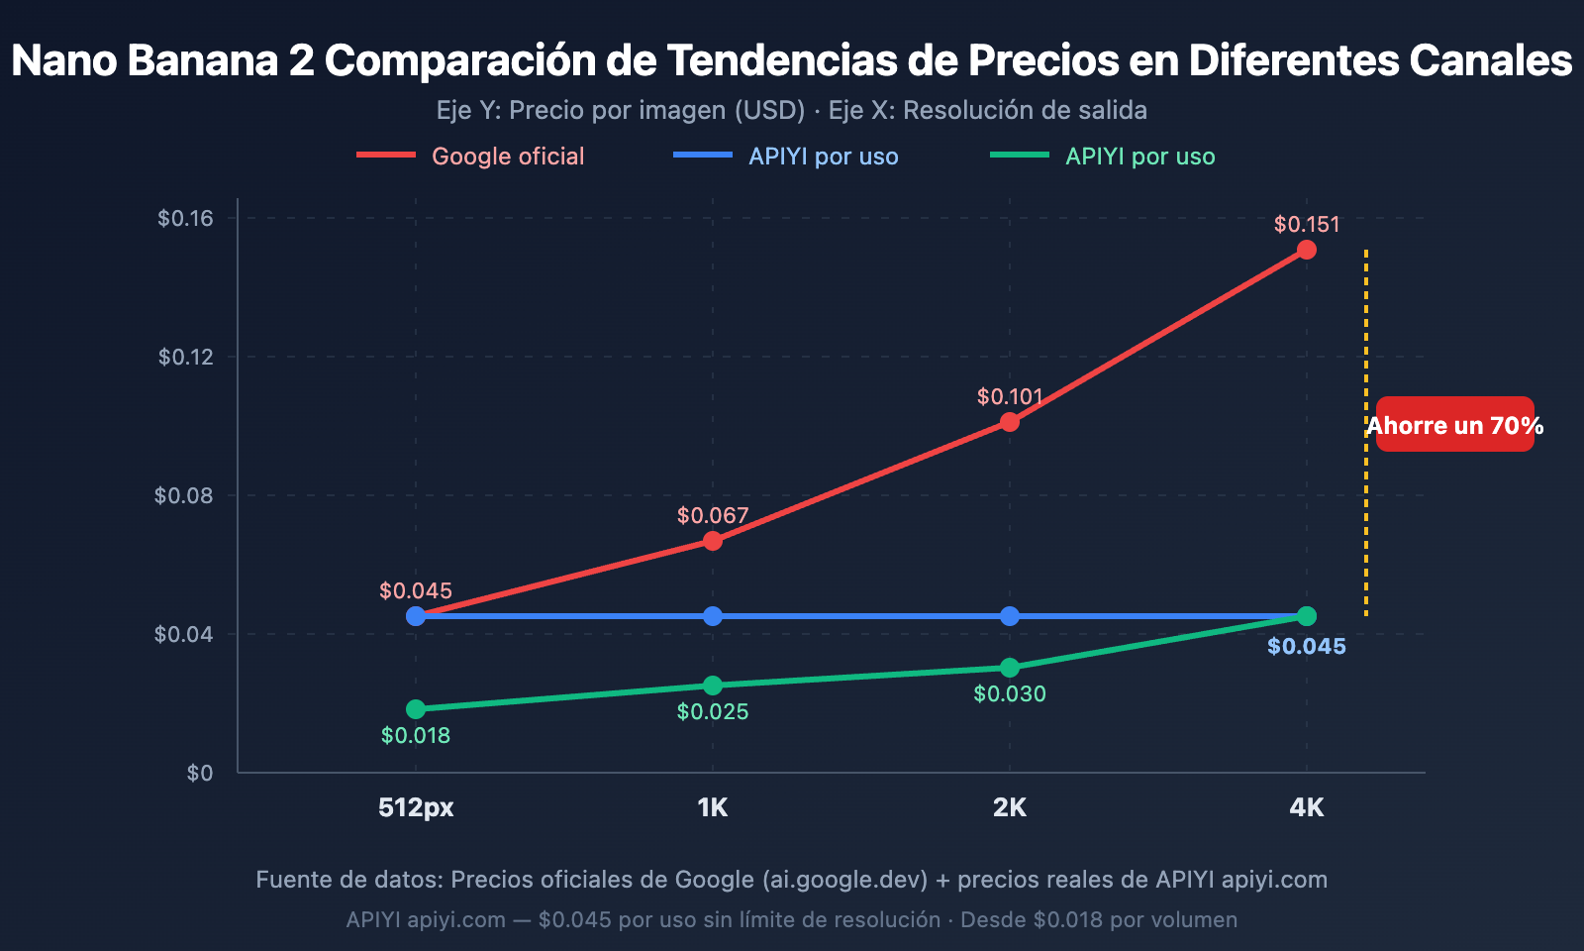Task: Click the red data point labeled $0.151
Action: pos(1307,250)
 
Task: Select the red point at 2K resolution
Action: pos(1009,422)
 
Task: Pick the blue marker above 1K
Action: pos(713,616)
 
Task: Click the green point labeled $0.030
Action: pos(1009,668)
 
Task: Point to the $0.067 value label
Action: pos(713,515)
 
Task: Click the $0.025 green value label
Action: pos(713,711)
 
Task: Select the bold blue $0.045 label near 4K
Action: pos(1307,647)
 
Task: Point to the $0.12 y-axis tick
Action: pos(186,357)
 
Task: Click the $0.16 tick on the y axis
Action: pos(186,218)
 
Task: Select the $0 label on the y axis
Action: pos(200,773)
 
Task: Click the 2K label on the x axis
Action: pos(1009,807)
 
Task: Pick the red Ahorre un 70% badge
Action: pos(1455,425)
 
